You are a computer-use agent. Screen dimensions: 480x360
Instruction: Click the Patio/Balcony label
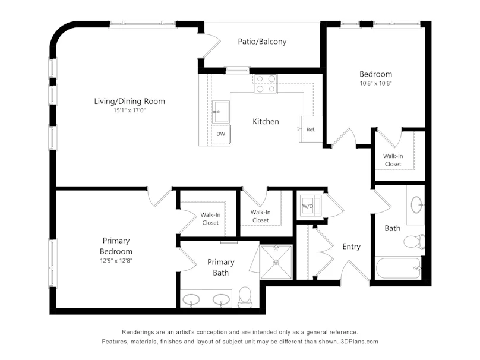click(x=262, y=42)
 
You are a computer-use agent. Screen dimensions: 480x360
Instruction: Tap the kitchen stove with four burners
click(x=266, y=84)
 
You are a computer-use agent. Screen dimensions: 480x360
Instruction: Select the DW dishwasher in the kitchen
click(x=221, y=134)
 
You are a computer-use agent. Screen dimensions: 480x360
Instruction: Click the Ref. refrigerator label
click(x=311, y=130)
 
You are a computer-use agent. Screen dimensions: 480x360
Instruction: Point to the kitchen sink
click(x=220, y=112)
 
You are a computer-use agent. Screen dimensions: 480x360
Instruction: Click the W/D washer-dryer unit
click(x=310, y=206)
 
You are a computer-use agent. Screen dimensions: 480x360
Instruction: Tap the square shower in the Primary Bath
click(x=276, y=262)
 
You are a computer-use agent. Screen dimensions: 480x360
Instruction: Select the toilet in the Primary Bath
click(x=245, y=297)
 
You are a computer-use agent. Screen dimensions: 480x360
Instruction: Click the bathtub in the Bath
click(x=398, y=268)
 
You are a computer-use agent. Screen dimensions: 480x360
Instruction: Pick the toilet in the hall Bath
click(x=415, y=242)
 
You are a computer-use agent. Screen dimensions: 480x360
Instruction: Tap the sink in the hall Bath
click(x=416, y=204)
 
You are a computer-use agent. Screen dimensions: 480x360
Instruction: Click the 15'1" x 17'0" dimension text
click(x=130, y=110)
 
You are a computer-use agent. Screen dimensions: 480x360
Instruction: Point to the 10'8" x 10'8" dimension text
click(x=376, y=83)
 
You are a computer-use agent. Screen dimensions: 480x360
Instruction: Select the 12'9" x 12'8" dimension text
click(x=116, y=261)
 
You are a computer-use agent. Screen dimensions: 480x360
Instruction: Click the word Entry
click(x=352, y=247)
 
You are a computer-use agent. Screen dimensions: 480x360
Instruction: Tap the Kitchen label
click(x=266, y=122)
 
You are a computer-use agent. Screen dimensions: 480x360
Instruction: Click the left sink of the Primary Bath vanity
click(x=191, y=299)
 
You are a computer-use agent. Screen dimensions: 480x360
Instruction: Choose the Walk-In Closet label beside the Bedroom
click(x=393, y=160)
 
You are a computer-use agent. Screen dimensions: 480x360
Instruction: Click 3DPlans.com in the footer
click(x=359, y=342)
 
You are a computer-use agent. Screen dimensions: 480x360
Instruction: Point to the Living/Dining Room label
click(x=130, y=102)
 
